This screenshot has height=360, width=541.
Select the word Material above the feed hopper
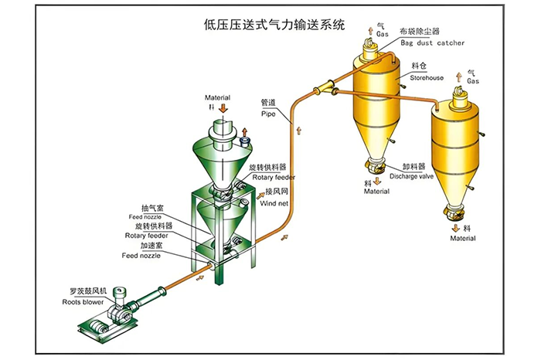(x=218, y=98)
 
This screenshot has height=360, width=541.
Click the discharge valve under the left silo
(x=374, y=165)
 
